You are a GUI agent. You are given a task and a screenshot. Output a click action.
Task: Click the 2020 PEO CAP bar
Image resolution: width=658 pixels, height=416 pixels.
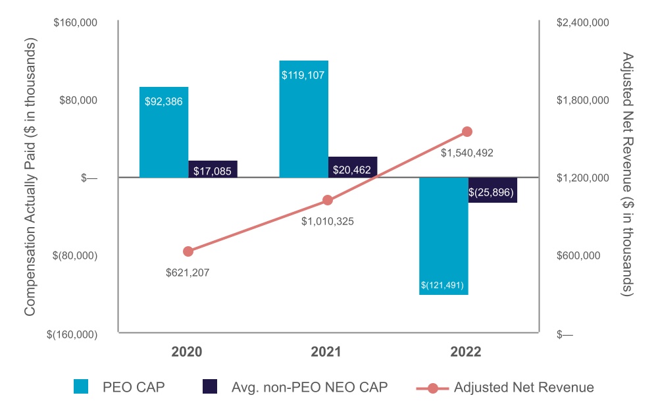pyautogui.click(x=164, y=132)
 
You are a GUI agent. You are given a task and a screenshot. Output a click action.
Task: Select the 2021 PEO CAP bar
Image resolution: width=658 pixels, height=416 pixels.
pyautogui.click(x=303, y=118)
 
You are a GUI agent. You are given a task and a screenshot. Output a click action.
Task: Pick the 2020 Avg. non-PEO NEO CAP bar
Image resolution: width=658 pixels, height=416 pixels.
pyautogui.click(x=213, y=169)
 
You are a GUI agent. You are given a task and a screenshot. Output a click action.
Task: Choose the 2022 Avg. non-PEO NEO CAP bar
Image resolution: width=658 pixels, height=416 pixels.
pyautogui.click(x=492, y=190)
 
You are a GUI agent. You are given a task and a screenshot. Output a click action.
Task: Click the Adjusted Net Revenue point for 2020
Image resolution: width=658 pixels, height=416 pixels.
pyautogui.click(x=188, y=251)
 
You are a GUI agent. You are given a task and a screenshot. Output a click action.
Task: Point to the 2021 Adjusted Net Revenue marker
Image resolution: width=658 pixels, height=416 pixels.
pyautogui.click(x=328, y=200)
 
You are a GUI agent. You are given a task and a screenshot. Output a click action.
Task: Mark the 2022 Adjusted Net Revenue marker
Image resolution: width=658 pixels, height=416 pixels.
pyautogui.click(x=467, y=132)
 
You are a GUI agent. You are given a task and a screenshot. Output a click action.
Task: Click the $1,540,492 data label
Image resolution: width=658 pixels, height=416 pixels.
pyautogui.click(x=467, y=153)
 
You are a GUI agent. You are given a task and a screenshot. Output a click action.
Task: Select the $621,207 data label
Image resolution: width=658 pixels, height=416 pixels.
pyautogui.click(x=188, y=271)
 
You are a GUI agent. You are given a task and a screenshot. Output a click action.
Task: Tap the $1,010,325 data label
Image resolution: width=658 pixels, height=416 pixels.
pyautogui.click(x=328, y=221)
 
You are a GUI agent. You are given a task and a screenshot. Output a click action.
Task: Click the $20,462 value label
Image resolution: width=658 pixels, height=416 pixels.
pyautogui.click(x=352, y=170)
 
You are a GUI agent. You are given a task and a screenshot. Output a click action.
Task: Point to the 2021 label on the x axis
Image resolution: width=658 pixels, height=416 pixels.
pyautogui.click(x=326, y=352)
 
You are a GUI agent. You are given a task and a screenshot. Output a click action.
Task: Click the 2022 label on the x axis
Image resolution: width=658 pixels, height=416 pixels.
pyautogui.click(x=466, y=352)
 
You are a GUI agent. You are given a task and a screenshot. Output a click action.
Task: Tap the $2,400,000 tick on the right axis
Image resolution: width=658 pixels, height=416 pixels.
pyautogui.click(x=583, y=23)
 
